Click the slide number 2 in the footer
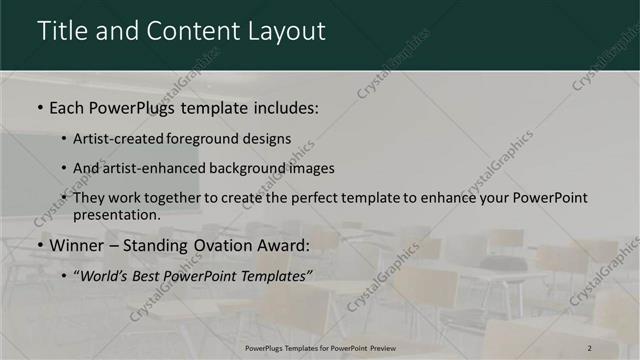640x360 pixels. [589, 347]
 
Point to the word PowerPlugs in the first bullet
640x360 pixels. [131, 105]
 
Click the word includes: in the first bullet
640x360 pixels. [284, 105]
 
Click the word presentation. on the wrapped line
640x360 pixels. [116, 214]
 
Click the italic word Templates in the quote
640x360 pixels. [271, 275]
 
